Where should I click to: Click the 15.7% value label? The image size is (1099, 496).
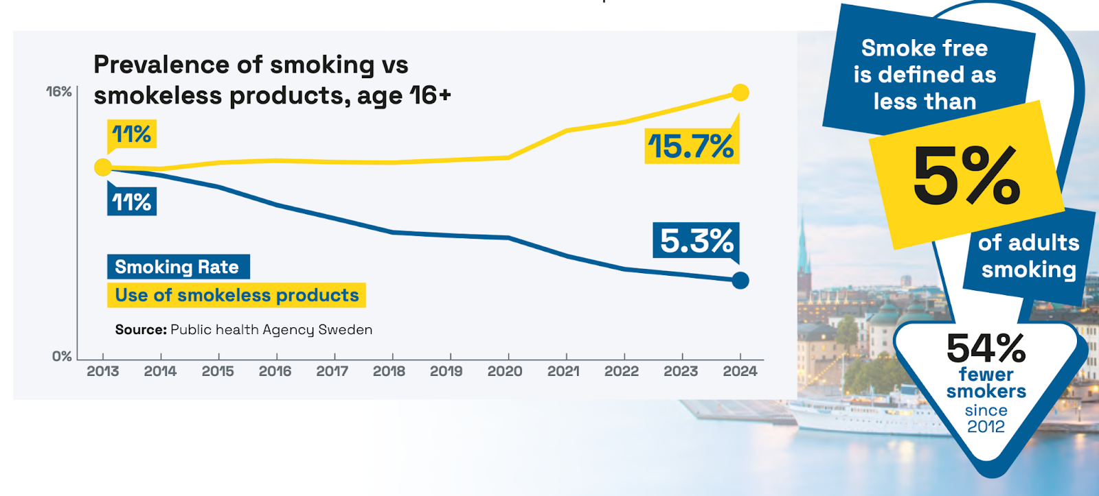tap(691, 146)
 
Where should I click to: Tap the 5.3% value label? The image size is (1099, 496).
tap(696, 241)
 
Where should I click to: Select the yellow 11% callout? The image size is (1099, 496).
tap(132, 134)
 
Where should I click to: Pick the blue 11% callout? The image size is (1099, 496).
tap(132, 202)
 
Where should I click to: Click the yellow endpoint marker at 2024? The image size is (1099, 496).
tap(740, 93)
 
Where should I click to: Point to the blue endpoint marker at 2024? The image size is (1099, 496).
tap(740, 280)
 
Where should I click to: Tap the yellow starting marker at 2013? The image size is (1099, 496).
tap(103, 167)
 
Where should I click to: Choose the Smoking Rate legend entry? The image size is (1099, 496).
tap(177, 267)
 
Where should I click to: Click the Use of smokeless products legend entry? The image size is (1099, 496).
tap(236, 295)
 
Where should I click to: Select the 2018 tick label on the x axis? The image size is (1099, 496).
tap(389, 371)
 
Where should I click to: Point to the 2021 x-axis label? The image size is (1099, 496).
tap(563, 371)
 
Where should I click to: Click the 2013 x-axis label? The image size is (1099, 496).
tap(103, 371)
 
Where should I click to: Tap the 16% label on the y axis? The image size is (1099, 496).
tap(59, 91)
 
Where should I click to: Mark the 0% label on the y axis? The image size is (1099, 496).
tap(62, 356)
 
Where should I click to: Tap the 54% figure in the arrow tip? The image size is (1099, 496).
tap(986, 348)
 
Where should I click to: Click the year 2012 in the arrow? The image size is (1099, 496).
tap(986, 427)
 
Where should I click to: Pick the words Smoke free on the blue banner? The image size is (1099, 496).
tap(925, 48)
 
